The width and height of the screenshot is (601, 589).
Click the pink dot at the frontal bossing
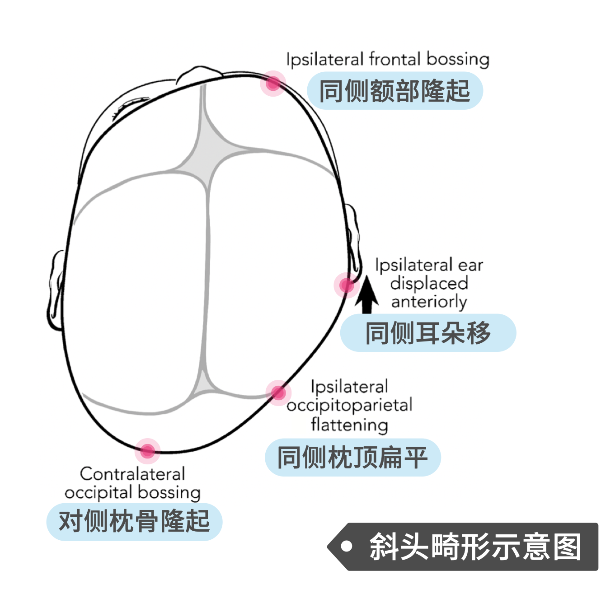point(273,84)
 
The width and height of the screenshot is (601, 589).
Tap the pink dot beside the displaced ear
point(347,285)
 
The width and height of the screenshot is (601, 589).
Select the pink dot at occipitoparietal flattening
point(278,393)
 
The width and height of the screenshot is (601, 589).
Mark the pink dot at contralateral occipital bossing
point(147,451)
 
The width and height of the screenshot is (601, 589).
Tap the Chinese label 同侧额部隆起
point(395,91)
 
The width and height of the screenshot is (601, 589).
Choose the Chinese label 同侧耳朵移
point(428,333)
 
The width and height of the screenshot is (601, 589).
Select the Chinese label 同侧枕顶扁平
point(352,458)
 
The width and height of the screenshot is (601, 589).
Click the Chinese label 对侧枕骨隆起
point(134,522)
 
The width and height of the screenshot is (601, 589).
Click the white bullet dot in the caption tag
point(347,546)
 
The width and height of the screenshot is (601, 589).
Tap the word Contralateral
point(132,474)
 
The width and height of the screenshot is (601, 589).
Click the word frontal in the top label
point(395,59)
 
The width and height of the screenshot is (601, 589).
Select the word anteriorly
point(429,302)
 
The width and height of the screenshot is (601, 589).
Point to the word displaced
point(429,283)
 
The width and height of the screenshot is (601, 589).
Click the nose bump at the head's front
point(200,74)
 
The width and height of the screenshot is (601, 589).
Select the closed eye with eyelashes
point(131,108)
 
